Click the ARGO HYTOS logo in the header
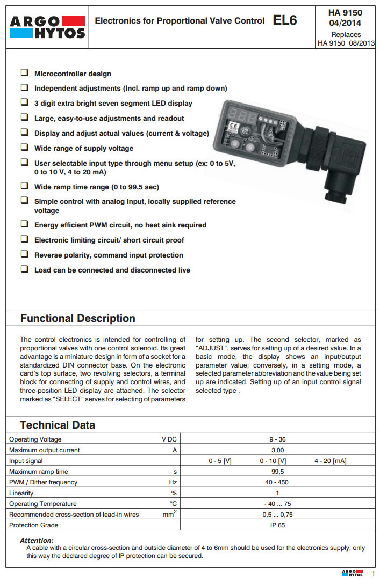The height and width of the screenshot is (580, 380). pyautogui.click(x=48, y=27)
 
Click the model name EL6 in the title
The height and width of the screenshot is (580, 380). pyautogui.click(x=284, y=21)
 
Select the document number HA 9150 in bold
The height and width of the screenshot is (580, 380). pyautogui.click(x=345, y=12)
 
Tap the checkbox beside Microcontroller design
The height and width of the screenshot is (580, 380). pyautogui.click(x=24, y=72)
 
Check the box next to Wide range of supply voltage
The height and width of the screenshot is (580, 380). pyautogui.click(x=24, y=148)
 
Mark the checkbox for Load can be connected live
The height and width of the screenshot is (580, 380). pyautogui.click(x=24, y=269)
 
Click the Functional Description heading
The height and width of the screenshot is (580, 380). pyautogui.click(x=77, y=318)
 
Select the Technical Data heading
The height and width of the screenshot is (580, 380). pyautogui.click(x=57, y=425)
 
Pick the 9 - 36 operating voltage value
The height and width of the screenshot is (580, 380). pyautogui.click(x=277, y=439)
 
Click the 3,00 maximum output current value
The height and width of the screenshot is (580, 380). pyautogui.click(x=277, y=450)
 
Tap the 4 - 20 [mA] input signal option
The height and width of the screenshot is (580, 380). pyautogui.click(x=330, y=461)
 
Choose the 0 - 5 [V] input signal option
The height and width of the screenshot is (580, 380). pyautogui.click(x=220, y=461)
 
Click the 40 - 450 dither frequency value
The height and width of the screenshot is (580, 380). pyautogui.click(x=277, y=482)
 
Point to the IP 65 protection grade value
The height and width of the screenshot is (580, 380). pyautogui.click(x=277, y=525)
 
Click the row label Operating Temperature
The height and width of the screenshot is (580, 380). pyautogui.click(x=43, y=504)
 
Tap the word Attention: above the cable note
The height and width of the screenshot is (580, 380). pyautogui.click(x=37, y=540)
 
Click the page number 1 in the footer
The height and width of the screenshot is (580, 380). pyautogui.click(x=373, y=574)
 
